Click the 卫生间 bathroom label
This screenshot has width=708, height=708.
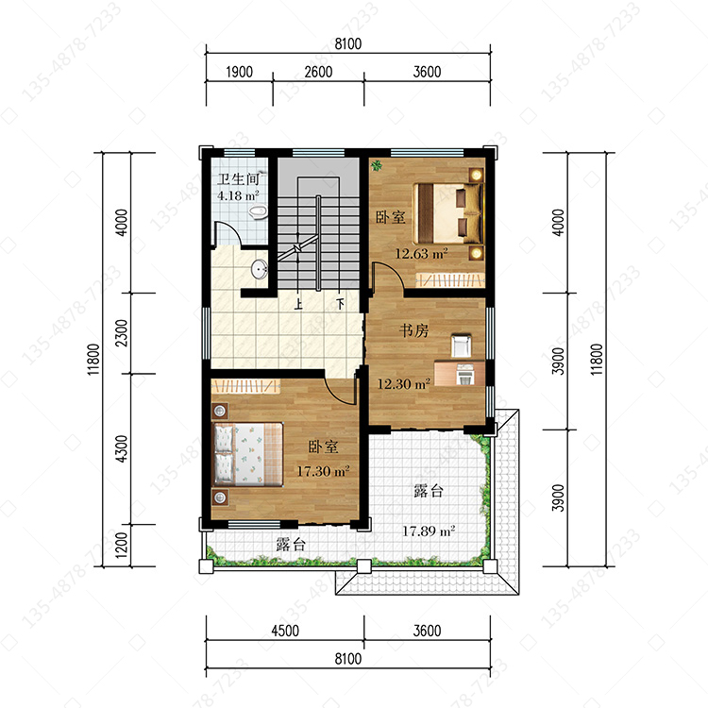point(238,179)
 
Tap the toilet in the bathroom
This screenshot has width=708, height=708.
point(259,212)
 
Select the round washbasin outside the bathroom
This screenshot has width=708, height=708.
point(260,270)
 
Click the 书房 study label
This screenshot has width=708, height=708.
point(413,330)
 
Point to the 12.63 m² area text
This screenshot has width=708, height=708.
point(422,253)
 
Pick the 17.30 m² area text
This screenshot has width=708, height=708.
point(323,471)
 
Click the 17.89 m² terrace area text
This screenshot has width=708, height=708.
point(429,531)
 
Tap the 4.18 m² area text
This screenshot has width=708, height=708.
point(238,195)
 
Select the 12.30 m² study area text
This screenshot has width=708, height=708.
point(403,384)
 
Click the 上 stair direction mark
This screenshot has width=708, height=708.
point(298,304)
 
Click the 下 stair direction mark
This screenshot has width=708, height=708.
point(340,304)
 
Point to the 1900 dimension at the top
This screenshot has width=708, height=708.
point(240,72)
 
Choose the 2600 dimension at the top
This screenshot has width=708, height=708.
point(318,72)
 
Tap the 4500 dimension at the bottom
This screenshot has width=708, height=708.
point(285,631)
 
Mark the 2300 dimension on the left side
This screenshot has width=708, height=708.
point(122,333)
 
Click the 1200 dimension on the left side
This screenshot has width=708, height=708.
point(122,545)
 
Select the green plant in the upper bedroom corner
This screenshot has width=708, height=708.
point(376,166)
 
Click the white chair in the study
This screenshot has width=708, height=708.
point(461,346)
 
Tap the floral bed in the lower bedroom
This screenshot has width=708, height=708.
point(247,454)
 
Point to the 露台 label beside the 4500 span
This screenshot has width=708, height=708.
point(291,545)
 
